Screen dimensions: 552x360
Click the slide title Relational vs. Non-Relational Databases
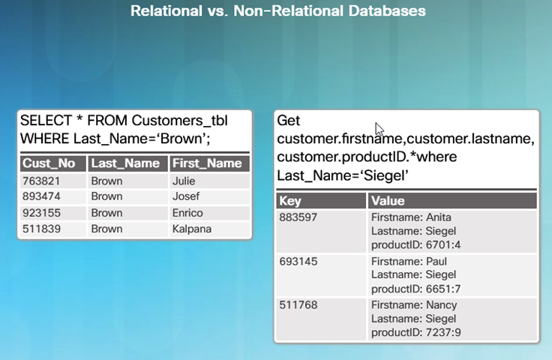click(278, 11)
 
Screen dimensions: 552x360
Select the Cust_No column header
click(49, 163)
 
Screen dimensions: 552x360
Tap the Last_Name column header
click(125, 163)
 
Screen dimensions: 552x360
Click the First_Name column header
click(207, 163)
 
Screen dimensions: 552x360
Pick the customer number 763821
click(41, 181)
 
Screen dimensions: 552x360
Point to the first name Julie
click(184, 181)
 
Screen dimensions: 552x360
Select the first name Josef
click(186, 196)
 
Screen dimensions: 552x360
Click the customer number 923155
click(41, 213)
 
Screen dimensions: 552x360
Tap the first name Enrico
click(187, 213)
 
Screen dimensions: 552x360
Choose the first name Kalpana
click(192, 229)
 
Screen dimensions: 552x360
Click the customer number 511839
click(41, 229)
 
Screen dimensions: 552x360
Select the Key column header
click(290, 201)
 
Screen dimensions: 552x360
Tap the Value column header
click(388, 201)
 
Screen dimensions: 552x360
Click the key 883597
click(298, 217)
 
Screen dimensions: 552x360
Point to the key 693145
click(298, 262)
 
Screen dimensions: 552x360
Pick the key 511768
click(298, 304)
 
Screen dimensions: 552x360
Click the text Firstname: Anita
click(411, 217)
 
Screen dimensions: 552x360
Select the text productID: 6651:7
click(415, 289)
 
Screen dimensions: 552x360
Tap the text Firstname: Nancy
click(414, 304)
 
